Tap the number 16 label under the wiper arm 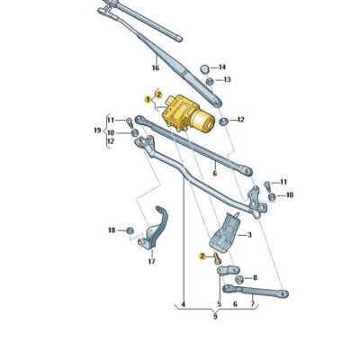155,68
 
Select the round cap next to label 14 203,67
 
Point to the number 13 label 227,80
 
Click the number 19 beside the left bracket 97,130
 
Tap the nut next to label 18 130,230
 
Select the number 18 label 112,230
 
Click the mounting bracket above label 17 156,233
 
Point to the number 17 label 152,262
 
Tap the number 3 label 249,235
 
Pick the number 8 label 255,278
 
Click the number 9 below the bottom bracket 215,317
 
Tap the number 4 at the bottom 183,305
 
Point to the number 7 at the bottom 252,305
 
